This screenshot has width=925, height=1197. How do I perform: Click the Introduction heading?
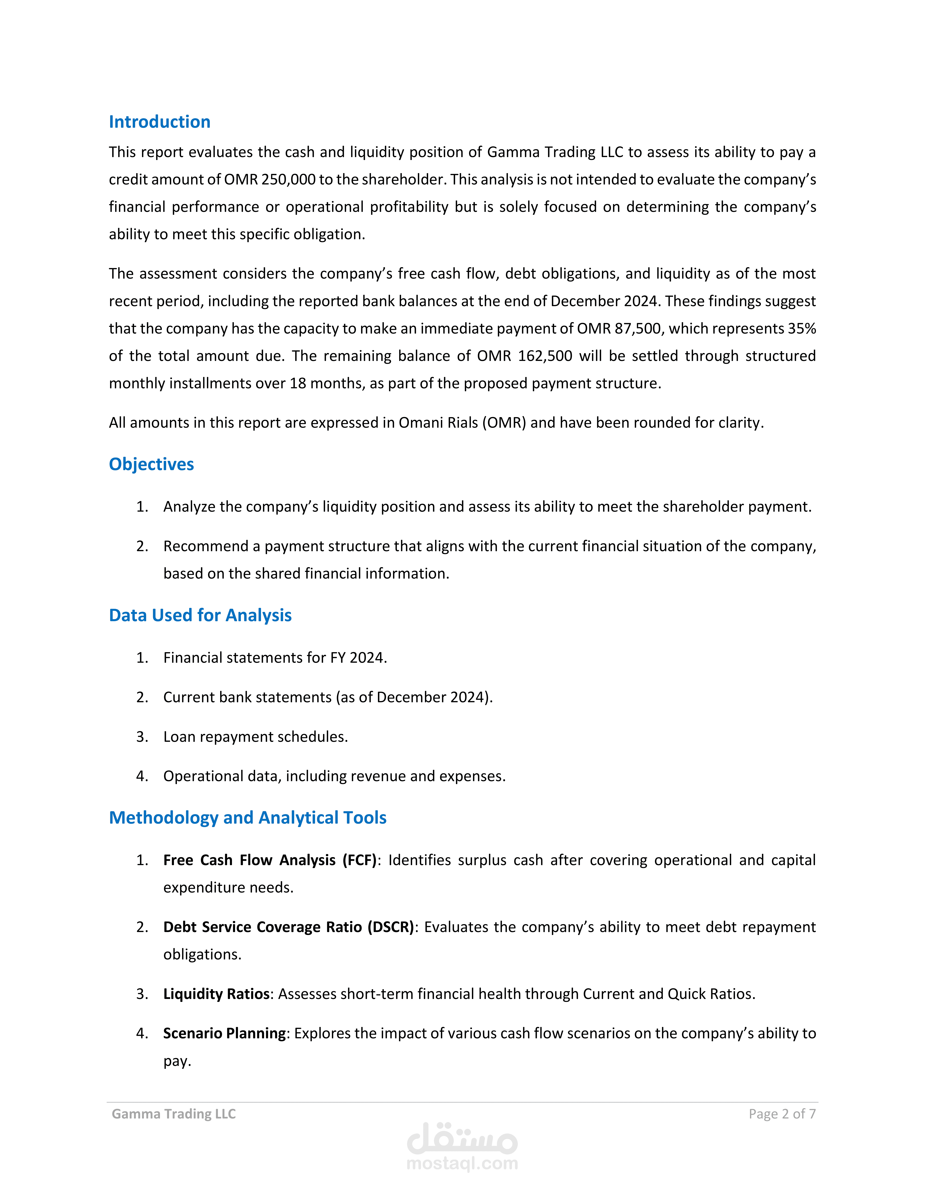point(159,122)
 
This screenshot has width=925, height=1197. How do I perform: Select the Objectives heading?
point(151,464)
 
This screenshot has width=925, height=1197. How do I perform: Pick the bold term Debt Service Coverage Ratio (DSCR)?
point(288,927)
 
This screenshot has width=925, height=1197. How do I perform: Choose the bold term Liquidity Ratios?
point(216,994)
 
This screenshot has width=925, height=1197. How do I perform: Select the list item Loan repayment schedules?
point(255,737)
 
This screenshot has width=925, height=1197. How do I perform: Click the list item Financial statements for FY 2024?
point(275,658)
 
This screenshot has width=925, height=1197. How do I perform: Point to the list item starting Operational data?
point(334,776)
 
